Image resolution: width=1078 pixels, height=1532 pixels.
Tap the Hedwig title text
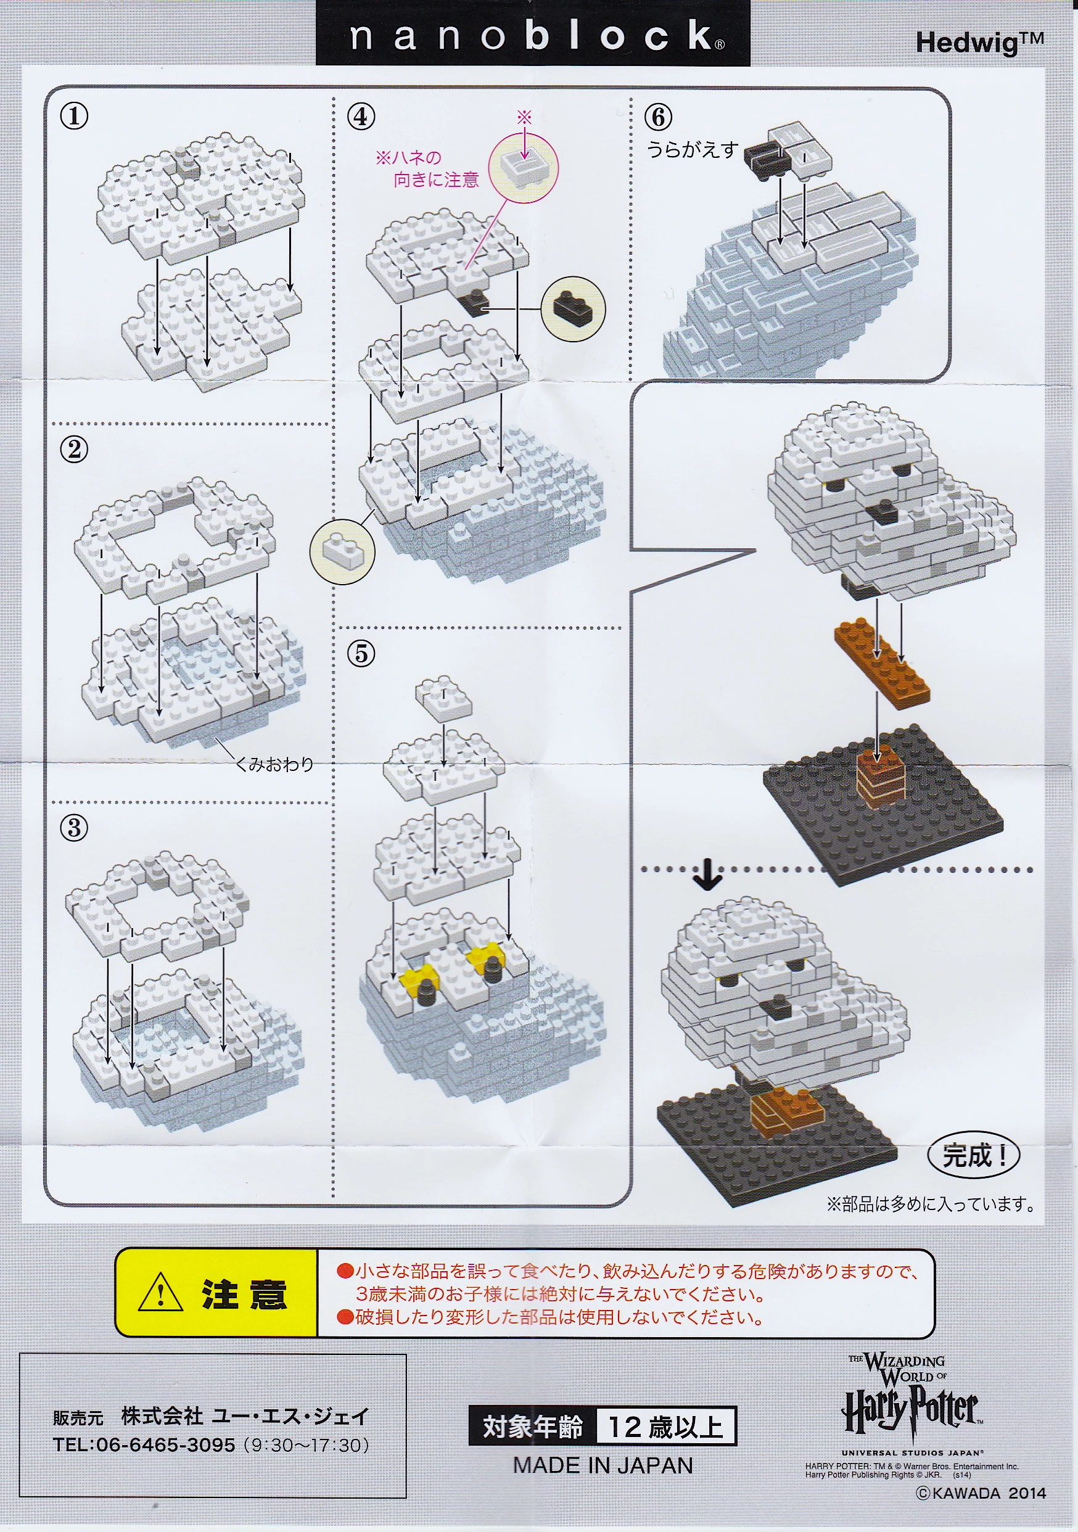[x=979, y=43]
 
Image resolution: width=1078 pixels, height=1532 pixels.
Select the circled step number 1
[x=74, y=116]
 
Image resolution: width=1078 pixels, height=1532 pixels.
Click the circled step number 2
[x=74, y=449]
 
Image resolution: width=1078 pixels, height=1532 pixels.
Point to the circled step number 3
[x=74, y=829]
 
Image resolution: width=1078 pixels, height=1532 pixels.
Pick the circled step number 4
[x=361, y=117]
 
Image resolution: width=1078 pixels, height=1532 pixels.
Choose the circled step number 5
[x=361, y=653]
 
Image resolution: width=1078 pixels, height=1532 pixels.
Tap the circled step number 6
[x=658, y=117]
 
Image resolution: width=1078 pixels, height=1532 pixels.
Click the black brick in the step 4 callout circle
[x=572, y=307]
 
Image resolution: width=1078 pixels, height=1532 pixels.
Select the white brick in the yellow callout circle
[x=342, y=551]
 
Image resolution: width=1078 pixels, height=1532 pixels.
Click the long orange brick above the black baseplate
[x=882, y=662]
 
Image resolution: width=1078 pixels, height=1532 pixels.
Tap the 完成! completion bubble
[x=973, y=1156]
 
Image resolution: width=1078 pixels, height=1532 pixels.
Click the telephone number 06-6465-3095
[x=166, y=1445]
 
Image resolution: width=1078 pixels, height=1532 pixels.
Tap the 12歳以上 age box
[x=665, y=1426]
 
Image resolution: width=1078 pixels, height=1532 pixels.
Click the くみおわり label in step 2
[x=275, y=764]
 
